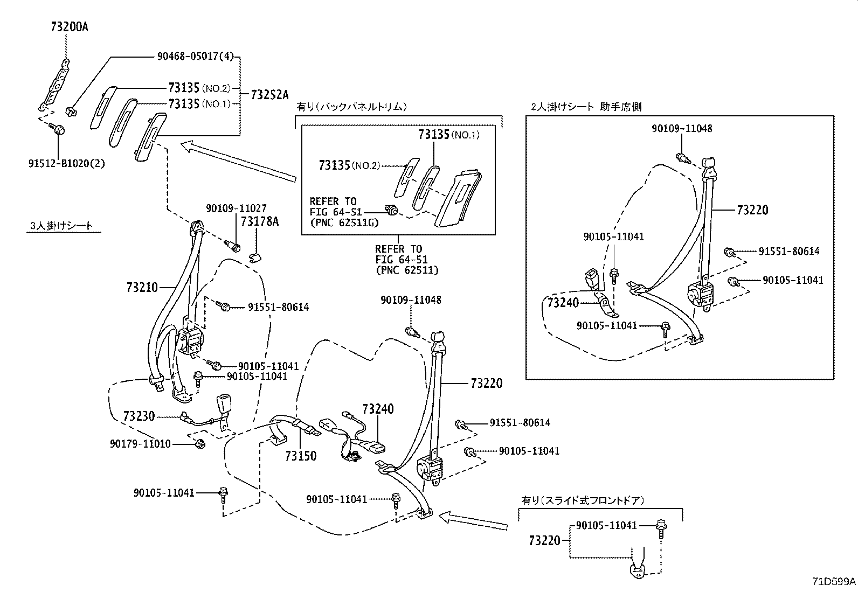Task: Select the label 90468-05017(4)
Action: click(196, 57)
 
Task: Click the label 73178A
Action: click(259, 221)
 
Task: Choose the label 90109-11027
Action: click(236, 208)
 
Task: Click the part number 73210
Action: click(142, 288)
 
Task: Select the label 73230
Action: click(139, 416)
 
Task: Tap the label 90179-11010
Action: click(140, 444)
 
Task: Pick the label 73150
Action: click(301, 456)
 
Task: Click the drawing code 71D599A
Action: click(834, 582)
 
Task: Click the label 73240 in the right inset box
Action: click(563, 303)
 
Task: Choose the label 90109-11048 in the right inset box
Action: click(681, 129)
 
